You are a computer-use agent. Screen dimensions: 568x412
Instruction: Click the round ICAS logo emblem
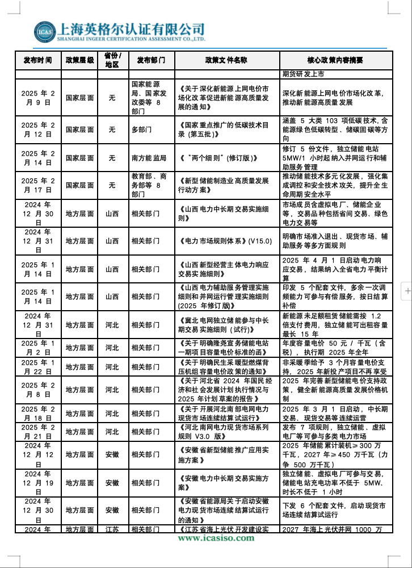44,32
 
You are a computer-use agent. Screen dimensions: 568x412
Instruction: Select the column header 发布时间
37,60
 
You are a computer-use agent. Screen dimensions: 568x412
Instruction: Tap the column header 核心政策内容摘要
335,60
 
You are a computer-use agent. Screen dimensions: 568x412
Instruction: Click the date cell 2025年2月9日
37,98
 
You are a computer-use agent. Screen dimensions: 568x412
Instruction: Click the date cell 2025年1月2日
37,348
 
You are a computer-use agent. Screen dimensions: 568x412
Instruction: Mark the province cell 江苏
112,529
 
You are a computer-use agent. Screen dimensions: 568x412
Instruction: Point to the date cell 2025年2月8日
37,390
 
